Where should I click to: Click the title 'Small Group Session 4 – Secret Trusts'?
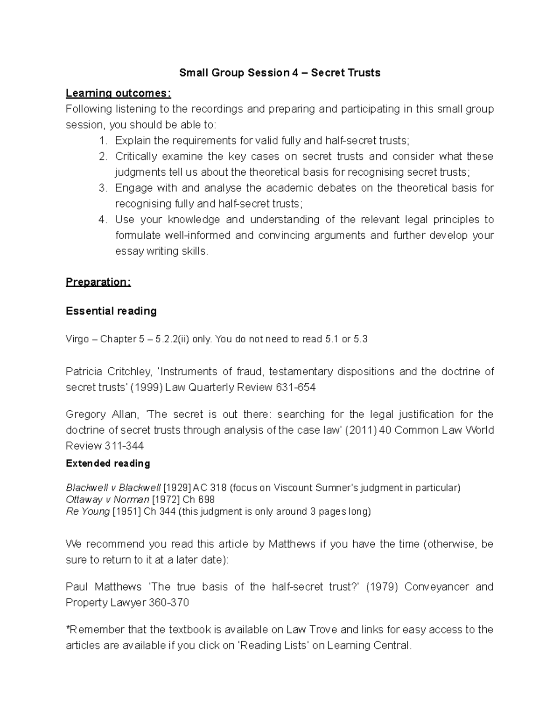(280, 73)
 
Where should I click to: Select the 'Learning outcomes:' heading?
(119, 93)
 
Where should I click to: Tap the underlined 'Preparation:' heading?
(98, 282)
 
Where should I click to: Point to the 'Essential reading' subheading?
(111, 311)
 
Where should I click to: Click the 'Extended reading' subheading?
(108, 463)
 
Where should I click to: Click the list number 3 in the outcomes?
(103, 188)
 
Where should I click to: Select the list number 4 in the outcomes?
(103, 220)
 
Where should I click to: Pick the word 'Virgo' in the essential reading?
(77, 339)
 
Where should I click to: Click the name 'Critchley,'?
(130, 372)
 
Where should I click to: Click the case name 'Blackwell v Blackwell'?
(113, 488)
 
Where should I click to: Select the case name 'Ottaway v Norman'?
(108, 500)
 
